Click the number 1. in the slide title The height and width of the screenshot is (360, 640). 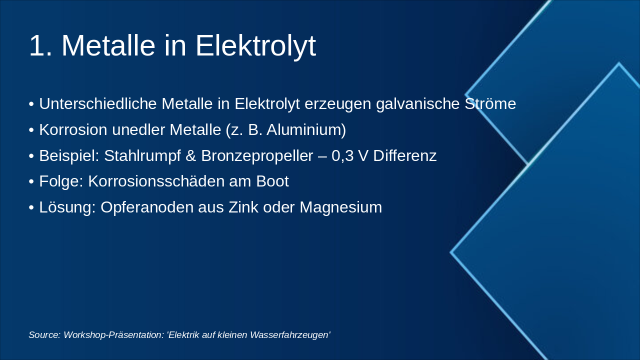coord(40,46)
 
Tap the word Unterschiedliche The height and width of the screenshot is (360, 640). coord(98,104)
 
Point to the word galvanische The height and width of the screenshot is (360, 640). coord(419,104)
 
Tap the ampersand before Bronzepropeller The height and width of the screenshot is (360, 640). coord(190,156)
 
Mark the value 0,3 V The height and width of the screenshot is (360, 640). coord(349,156)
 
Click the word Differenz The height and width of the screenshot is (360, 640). coord(404,156)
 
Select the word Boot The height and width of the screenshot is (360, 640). coord(272,181)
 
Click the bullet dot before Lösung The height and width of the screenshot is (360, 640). coord(31,207)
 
